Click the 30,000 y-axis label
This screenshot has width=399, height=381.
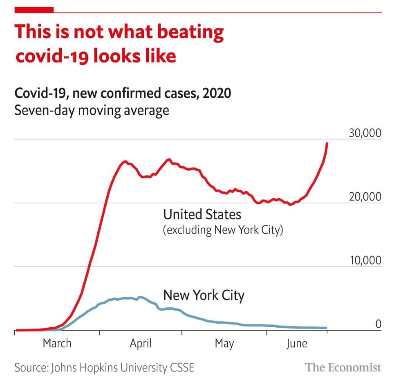(x=364, y=133)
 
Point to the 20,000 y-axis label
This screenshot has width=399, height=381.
(x=364, y=196)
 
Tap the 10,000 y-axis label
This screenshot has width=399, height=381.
(x=364, y=260)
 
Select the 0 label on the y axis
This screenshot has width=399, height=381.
(x=378, y=324)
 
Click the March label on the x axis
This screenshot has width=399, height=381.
(x=57, y=344)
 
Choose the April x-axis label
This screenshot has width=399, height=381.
(x=140, y=344)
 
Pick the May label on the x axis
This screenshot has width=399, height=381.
(x=224, y=344)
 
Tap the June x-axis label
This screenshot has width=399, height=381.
(x=296, y=344)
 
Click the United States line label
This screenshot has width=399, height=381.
(x=202, y=214)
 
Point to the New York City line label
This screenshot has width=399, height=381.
(x=204, y=295)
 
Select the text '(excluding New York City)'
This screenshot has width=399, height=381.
(x=223, y=231)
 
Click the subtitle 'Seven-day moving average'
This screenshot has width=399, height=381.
(x=91, y=110)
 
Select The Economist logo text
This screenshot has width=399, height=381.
(x=343, y=368)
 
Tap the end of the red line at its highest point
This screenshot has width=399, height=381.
(x=327, y=143)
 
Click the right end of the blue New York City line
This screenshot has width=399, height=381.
(x=326, y=328)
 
